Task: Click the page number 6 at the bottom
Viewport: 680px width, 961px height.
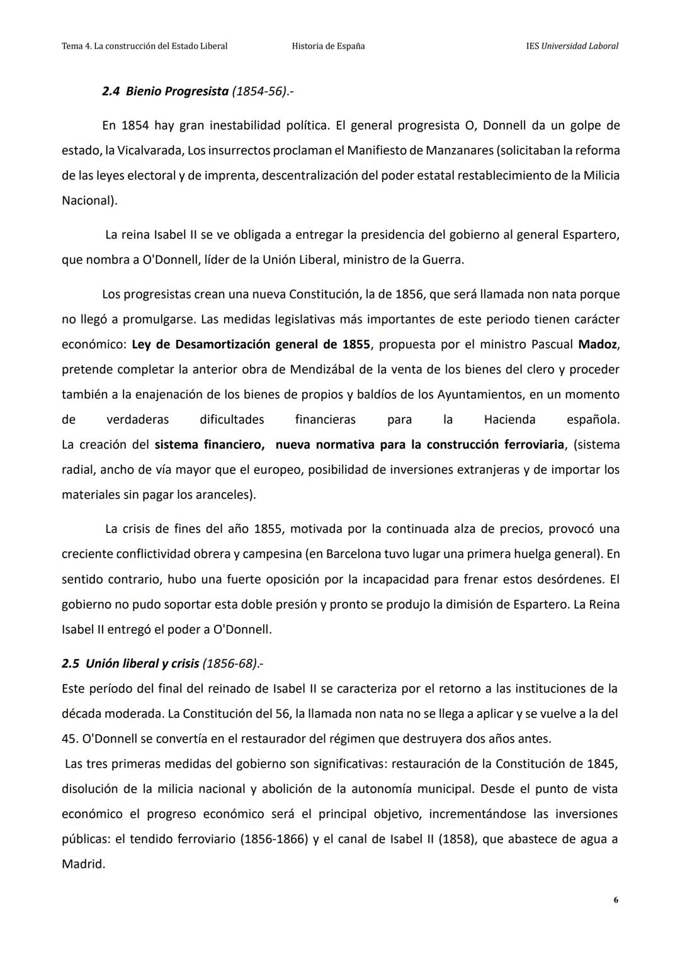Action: click(615, 900)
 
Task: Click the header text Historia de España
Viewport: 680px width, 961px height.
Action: click(328, 46)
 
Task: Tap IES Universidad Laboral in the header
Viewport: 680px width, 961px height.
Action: click(572, 46)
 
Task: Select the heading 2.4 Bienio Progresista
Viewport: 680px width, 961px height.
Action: click(165, 91)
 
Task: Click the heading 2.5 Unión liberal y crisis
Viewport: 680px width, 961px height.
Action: click(130, 663)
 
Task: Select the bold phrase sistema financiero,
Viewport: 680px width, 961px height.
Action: click(209, 445)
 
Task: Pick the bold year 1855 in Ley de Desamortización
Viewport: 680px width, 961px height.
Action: click(356, 344)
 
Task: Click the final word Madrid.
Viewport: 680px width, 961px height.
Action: click(82, 864)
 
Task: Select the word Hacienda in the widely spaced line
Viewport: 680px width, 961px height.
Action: click(509, 420)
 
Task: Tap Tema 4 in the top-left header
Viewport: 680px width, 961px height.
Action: click(76, 46)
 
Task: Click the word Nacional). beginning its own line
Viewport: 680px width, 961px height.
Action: click(89, 201)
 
